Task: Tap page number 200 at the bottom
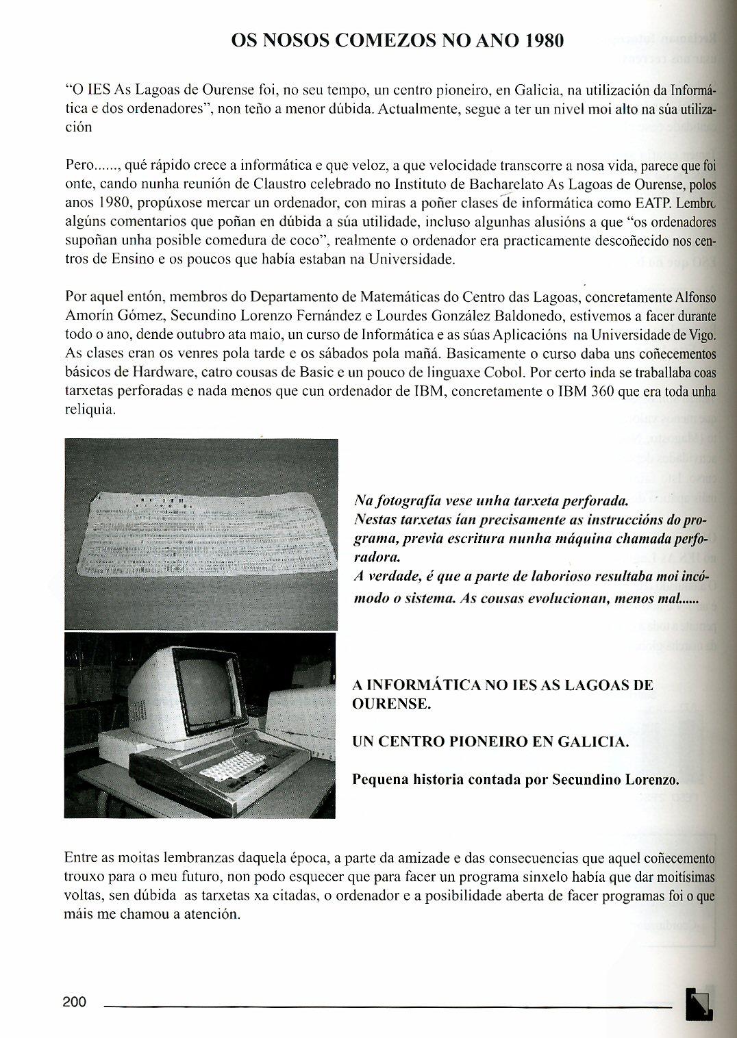(75, 1002)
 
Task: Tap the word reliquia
(90, 410)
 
